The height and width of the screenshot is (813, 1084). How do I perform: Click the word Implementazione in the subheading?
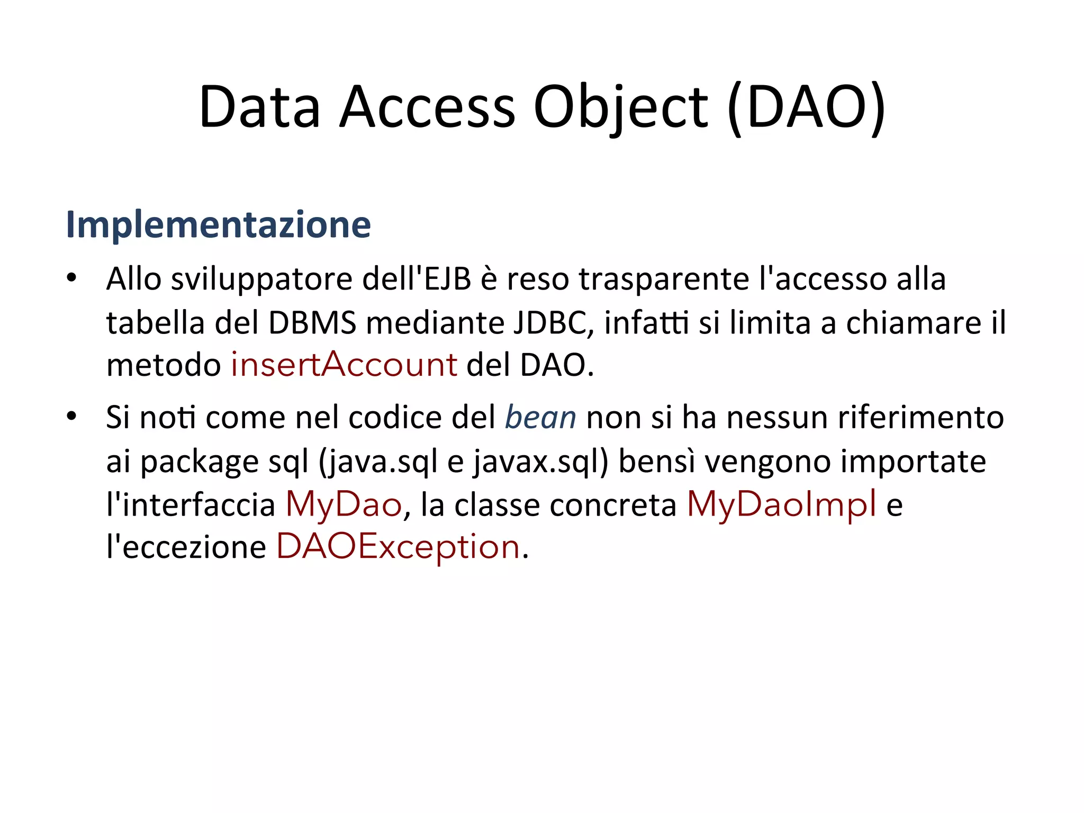pyautogui.click(x=218, y=225)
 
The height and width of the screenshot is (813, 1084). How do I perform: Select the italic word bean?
pyautogui.click(x=540, y=417)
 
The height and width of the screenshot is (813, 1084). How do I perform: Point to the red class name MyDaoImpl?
pyautogui.click(x=781, y=504)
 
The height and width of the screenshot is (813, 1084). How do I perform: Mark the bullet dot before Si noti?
pyautogui.click(x=71, y=416)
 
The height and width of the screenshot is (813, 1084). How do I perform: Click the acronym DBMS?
pyautogui.click(x=312, y=322)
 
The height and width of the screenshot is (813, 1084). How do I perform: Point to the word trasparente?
pyautogui.click(x=664, y=279)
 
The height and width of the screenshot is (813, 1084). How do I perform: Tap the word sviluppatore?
pyautogui.click(x=261, y=279)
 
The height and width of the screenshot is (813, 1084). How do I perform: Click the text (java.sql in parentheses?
pyautogui.click(x=378, y=462)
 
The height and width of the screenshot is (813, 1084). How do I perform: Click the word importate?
pyautogui.click(x=913, y=462)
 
